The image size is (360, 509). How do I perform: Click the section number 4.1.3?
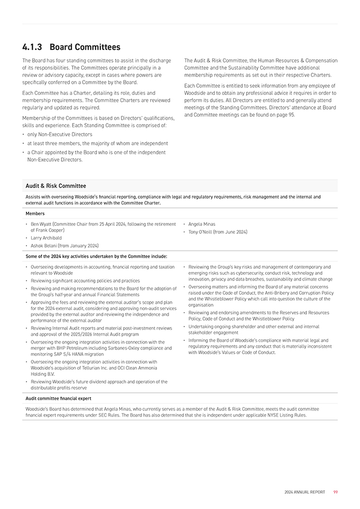[33, 47]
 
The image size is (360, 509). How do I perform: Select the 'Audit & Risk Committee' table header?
[56, 186]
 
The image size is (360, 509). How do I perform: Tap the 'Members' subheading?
[35, 213]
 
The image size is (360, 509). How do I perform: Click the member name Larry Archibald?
[46, 238]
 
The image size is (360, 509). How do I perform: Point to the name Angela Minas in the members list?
[201, 224]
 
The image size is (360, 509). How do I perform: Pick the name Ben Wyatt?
[41, 224]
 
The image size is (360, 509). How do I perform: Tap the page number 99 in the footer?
[336, 492]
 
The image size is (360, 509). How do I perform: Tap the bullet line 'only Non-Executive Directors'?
[59, 135]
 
